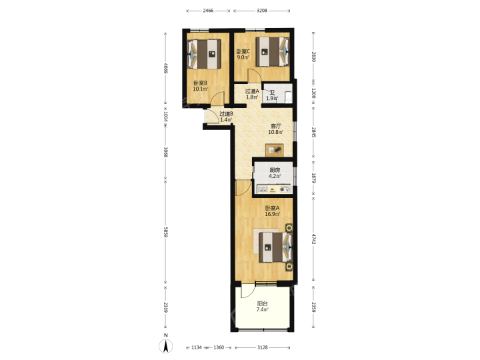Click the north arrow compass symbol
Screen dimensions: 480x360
[165, 346]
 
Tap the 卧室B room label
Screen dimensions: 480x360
[200, 83]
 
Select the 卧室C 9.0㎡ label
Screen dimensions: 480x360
[243, 54]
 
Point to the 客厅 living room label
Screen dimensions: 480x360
[276, 126]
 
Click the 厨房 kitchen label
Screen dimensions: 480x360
[275, 170]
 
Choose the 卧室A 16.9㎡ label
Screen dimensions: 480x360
[272, 211]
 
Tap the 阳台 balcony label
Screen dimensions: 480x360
[263, 304]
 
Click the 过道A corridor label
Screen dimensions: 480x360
[252, 91]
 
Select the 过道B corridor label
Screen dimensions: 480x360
[226, 113]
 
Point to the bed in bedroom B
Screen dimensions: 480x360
[204, 54]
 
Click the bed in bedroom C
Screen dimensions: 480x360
[273, 51]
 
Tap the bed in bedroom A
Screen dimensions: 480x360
[276, 247]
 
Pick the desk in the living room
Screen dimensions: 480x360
[275, 150]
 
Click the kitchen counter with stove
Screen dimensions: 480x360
[274, 189]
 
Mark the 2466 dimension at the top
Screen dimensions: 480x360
[208, 11]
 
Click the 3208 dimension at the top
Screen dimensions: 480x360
[262, 11]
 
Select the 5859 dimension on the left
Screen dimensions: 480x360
[165, 233]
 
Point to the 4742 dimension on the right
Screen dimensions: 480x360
[313, 239]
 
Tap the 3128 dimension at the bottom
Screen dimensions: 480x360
[263, 347]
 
